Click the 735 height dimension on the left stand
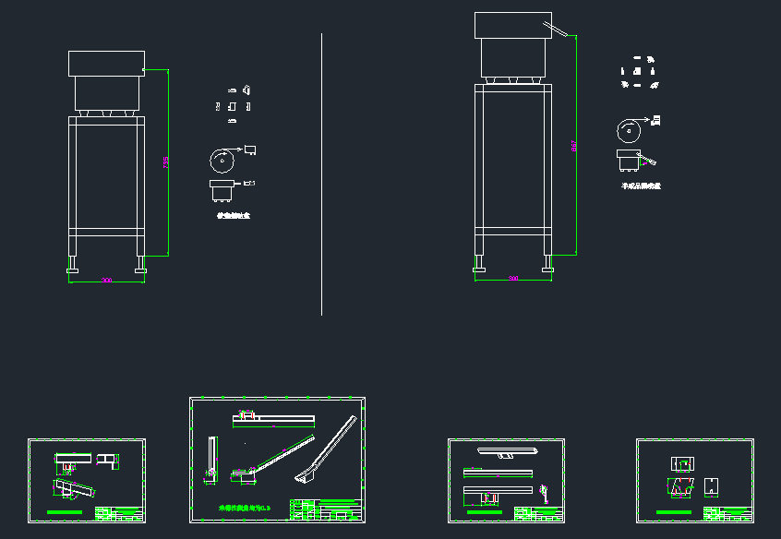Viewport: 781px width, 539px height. (166, 162)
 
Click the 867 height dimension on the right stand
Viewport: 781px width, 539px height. (573, 145)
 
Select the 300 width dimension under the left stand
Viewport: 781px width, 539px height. (107, 280)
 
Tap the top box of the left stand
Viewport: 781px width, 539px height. (106, 64)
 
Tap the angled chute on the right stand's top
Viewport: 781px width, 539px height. (559, 28)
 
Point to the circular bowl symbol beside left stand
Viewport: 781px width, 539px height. (222, 160)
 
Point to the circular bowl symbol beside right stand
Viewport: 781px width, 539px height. (629, 131)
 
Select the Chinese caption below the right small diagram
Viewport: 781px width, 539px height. (641, 186)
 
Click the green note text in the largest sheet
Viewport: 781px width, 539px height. (245, 508)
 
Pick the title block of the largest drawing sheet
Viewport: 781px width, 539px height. (325, 509)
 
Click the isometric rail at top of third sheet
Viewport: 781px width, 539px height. (507, 452)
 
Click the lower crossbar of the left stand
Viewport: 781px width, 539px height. (106, 228)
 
